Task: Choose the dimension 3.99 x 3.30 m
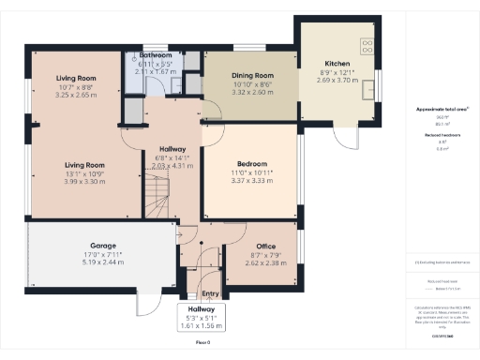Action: point(79,181)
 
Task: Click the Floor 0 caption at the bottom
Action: point(203,342)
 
